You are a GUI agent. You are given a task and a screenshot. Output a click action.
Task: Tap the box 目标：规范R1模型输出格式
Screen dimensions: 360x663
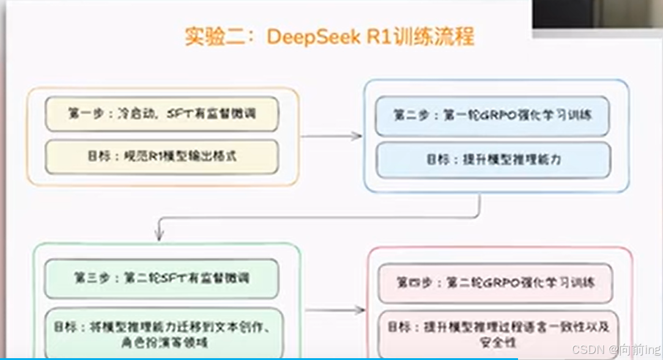coord(161,156)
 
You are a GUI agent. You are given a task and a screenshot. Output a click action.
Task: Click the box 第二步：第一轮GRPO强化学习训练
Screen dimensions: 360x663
coord(492,116)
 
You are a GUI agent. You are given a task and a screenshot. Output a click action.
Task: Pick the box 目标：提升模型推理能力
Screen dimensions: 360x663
coord(492,160)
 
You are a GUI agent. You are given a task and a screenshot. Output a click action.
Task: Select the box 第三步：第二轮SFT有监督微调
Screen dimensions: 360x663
coord(161,278)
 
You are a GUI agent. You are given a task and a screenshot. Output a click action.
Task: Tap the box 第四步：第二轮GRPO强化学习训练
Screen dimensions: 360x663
coord(495,283)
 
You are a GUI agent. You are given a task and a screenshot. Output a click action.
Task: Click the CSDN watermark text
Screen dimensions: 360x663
coord(615,349)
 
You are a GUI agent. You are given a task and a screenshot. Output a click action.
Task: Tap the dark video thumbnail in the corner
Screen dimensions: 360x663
coord(597,15)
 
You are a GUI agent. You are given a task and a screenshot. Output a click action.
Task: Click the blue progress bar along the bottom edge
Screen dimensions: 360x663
coord(257,359)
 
